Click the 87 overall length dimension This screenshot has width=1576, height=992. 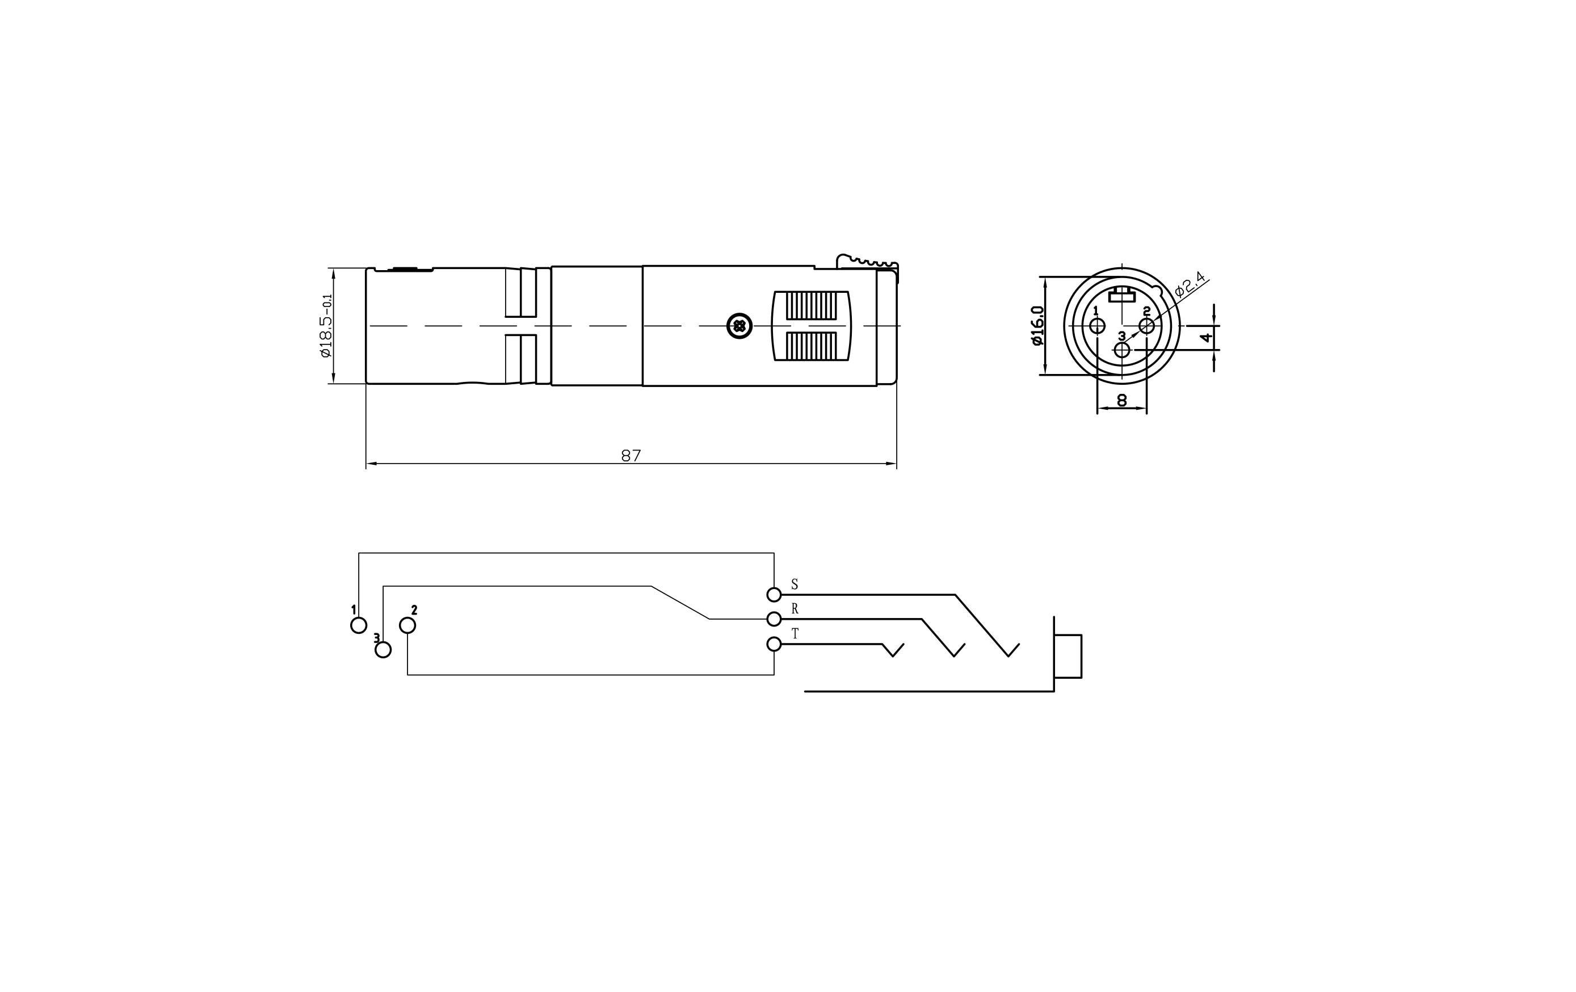point(631,456)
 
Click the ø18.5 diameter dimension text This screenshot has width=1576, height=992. point(326,326)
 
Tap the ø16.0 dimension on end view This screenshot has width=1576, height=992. point(1037,326)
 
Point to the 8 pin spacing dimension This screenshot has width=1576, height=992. point(1122,401)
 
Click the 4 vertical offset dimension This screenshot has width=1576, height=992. point(1206,338)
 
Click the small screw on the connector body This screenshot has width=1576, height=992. point(739,326)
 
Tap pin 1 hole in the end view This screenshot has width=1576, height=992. point(1097,326)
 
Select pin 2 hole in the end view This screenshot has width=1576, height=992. point(1146,326)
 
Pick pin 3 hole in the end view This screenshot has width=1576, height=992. point(1122,350)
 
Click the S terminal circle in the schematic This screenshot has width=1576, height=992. point(774,595)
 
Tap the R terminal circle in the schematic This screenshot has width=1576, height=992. point(774,619)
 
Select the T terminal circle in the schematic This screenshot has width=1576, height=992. point(774,645)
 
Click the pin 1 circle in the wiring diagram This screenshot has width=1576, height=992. point(359,625)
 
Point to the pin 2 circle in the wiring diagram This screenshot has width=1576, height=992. point(407,626)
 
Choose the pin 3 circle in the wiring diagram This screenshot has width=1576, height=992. point(383,650)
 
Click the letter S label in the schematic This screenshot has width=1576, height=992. point(795,585)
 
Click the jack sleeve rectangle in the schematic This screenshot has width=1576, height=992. point(1068,656)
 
